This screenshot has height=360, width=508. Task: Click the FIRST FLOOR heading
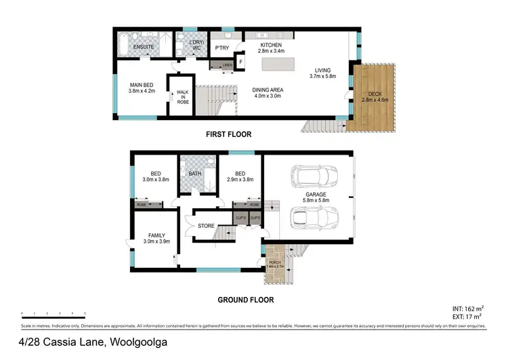[229, 135]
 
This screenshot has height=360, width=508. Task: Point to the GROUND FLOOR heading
[245, 299]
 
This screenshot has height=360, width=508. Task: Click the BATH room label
[195, 174]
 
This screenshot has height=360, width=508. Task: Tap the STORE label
[206, 226]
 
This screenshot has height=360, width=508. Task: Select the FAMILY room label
[156, 235]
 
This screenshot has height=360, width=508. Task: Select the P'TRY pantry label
[221, 48]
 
